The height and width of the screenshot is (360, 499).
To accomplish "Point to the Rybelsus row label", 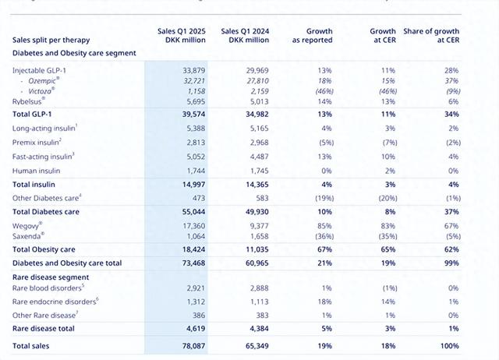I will tap(29, 101).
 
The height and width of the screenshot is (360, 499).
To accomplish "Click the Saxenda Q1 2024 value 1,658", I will tap(247, 235).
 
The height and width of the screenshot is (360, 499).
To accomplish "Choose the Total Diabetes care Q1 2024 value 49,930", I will tap(246, 211).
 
